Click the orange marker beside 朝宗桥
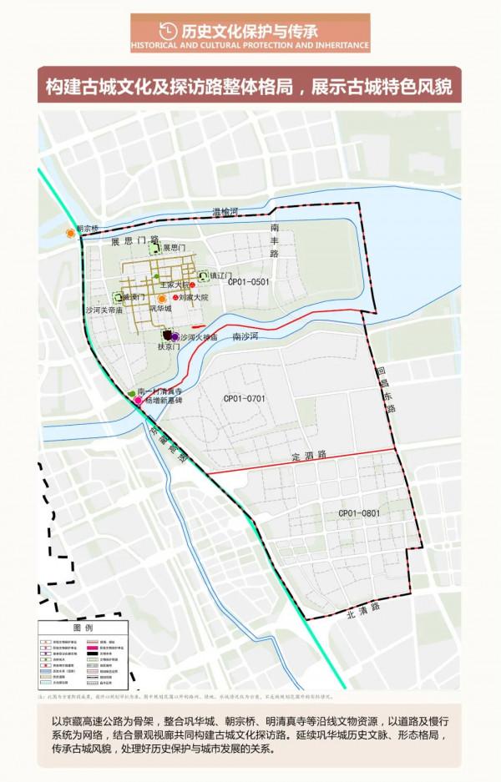pyautogui.click(x=70, y=235)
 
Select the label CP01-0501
pyautogui.click(x=250, y=282)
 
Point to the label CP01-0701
pyautogui.click(x=244, y=398)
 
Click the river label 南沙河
pyautogui.click(x=249, y=336)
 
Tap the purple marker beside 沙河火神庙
pyautogui.click(x=175, y=336)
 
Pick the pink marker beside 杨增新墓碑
pyautogui.click(x=137, y=401)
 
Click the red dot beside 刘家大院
pyautogui.click(x=175, y=296)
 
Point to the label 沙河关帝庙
pyautogui.click(x=104, y=310)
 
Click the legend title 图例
pyautogui.click(x=83, y=626)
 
